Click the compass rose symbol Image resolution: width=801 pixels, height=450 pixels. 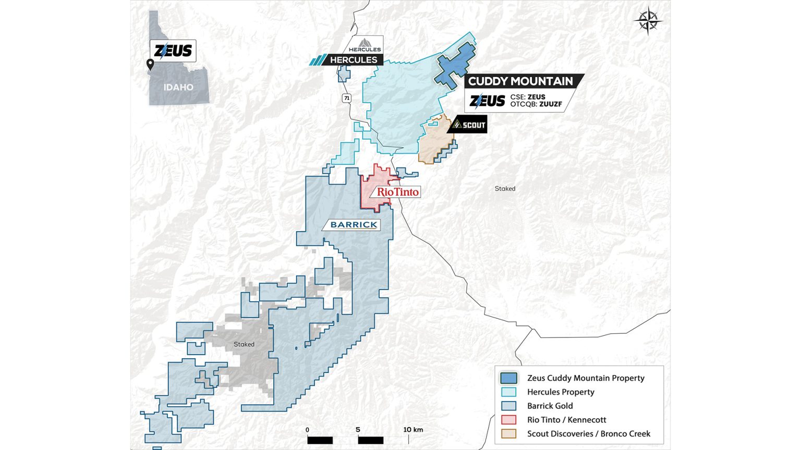[x=648, y=21]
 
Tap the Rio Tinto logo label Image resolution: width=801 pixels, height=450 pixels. [x=397, y=192]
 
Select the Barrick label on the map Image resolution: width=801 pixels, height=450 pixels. [x=354, y=224]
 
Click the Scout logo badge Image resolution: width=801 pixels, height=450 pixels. [x=468, y=125]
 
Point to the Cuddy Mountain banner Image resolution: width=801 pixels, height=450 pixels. [x=520, y=81]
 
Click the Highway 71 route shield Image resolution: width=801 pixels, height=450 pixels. [x=347, y=98]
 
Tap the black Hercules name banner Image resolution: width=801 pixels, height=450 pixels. [x=353, y=60]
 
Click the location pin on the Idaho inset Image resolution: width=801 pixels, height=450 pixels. [x=150, y=65]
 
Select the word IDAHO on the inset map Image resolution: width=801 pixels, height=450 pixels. [x=178, y=87]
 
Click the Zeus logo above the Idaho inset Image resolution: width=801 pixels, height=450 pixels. [x=173, y=51]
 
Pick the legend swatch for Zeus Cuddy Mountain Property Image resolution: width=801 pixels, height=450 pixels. [x=508, y=378]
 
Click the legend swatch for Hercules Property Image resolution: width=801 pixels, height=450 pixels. [x=508, y=392]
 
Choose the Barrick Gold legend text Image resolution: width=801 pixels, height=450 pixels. [x=550, y=406]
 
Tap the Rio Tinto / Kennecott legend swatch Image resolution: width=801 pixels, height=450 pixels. [x=508, y=420]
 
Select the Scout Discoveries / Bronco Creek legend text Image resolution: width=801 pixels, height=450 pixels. [x=589, y=433]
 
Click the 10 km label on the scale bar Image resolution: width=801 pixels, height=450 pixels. [x=413, y=430]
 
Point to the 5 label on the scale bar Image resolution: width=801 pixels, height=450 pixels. [x=358, y=430]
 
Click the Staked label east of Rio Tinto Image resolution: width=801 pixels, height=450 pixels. [x=505, y=189]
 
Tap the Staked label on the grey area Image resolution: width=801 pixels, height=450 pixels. [x=244, y=344]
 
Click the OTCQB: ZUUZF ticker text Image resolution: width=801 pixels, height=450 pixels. [x=536, y=104]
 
